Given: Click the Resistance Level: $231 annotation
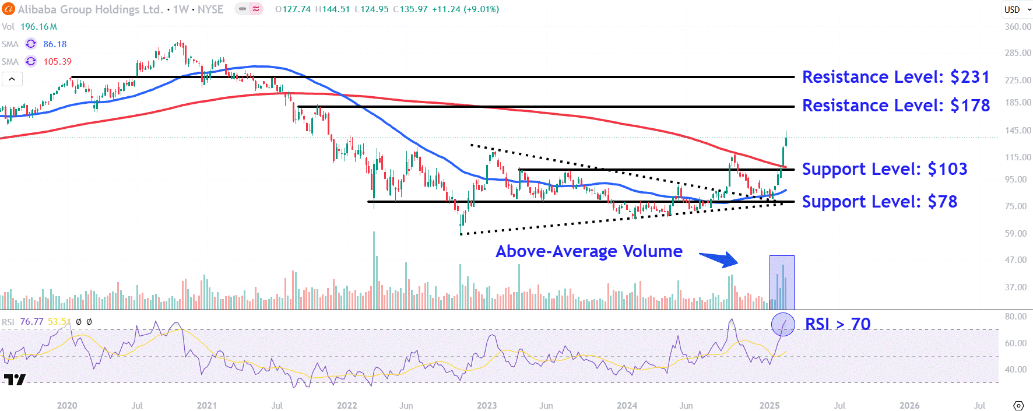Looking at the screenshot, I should coord(895,77).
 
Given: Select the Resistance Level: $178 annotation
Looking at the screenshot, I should coord(895,106).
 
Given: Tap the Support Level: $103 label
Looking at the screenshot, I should coord(884,169).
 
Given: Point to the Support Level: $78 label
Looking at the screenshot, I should coord(879,202).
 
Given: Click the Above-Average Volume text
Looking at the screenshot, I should coord(589,251).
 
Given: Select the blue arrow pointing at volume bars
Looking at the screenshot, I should coord(719,259).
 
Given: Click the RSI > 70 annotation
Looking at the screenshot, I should coord(837,324).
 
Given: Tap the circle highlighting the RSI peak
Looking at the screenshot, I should coord(782,324).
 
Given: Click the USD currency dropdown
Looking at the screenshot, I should coord(1017,9).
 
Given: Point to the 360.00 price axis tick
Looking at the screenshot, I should coord(1017,27).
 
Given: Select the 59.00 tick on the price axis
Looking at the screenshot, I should coord(1016,234).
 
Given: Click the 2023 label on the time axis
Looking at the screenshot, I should coord(487,405).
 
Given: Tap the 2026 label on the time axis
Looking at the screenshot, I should coord(909,405).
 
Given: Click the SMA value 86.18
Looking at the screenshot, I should coord(55,44).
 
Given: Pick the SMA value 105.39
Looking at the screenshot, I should coord(57,62).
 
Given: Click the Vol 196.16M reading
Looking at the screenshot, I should coord(38,27).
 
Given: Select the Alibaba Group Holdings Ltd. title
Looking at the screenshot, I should coord(90,9).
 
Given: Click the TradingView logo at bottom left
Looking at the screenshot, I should coord(15,380).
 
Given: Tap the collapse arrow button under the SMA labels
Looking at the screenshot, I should coord(12,79).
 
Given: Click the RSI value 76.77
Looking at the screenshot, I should coord(31,322).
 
